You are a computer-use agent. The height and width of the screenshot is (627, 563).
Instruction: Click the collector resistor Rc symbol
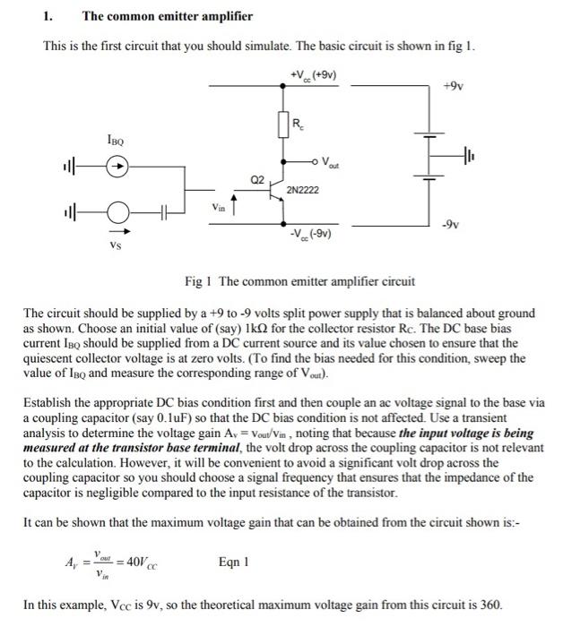tap(284, 126)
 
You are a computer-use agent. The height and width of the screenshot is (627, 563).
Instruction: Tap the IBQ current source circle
tap(116, 166)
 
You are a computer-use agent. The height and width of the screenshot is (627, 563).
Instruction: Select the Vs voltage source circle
tap(116, 213)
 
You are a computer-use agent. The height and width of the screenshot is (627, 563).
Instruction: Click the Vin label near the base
tap(219, 208)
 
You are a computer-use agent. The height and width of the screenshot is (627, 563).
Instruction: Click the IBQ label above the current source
tap(115, 140)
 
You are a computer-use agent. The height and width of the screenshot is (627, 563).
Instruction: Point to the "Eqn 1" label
tap(235, 563)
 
